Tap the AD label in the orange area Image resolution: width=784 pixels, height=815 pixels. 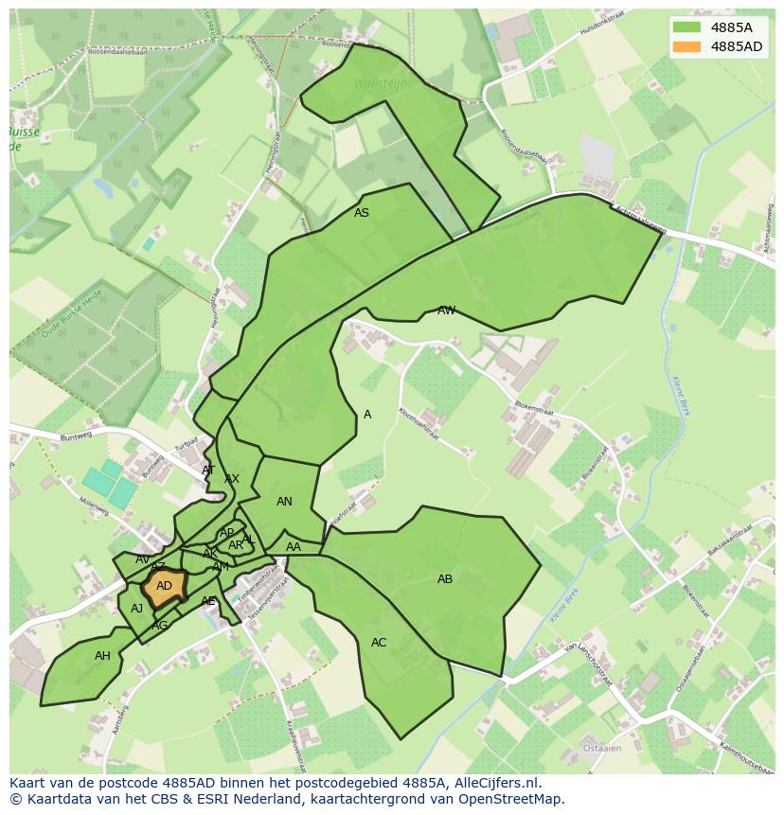pos(164,586)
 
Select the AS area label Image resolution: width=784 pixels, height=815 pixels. pos(362,213)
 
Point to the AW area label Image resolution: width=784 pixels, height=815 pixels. pos(446,310)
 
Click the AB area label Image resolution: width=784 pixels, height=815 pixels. pos(445,579)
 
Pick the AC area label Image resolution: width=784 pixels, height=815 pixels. pos(379,643)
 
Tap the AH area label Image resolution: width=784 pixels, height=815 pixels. pos(102,656)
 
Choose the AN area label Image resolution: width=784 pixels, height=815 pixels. pos(284,502)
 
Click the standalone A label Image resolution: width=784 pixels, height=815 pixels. pos(367,415)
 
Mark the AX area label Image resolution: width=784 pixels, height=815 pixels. pos(232,479)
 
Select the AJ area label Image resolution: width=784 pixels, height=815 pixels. pos(137,609)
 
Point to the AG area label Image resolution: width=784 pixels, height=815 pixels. pos(160,626)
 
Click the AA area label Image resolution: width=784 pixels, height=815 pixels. pos(294,547)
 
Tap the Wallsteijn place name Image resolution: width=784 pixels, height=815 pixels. pos(380,83)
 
